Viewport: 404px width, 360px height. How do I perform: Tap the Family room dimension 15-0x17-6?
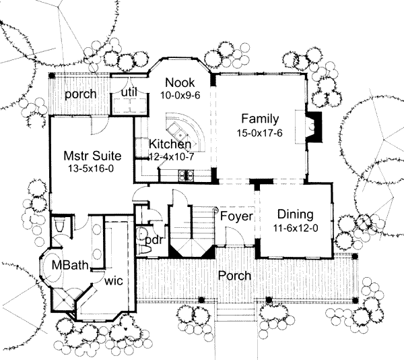point(259,133)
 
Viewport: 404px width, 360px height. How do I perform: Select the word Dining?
point(296,214)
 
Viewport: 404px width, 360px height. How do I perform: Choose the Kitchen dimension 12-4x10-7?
point(170,156)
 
